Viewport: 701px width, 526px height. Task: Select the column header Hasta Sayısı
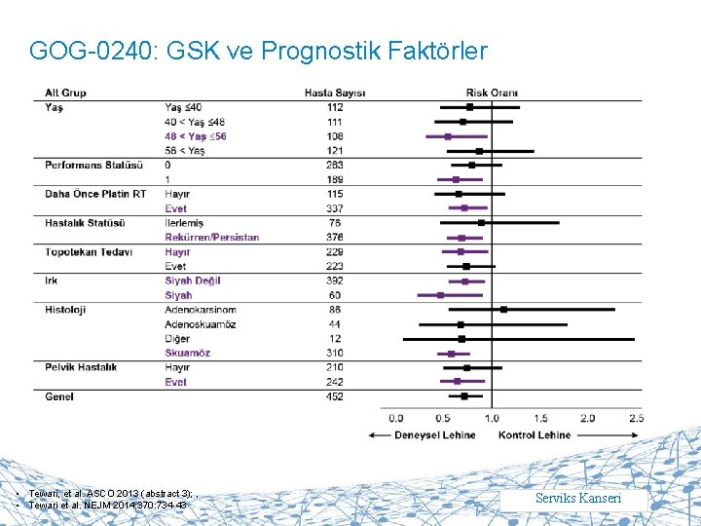[x=335, y=93]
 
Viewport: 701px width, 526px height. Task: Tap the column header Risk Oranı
[x=492, y=93]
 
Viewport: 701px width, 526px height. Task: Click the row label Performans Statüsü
[x=93, y=165]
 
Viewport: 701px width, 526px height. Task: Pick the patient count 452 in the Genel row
[x=335, y=396]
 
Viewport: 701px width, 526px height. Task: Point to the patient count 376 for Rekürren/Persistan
[x=335, y=237]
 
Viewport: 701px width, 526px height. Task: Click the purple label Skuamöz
[x=188, y=353]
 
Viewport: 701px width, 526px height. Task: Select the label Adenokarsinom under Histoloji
[x=200, y=310]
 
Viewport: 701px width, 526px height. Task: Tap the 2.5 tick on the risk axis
[x=636, y=418]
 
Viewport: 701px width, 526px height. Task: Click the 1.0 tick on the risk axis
[x=492, y=418]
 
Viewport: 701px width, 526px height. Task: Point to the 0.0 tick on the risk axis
[x=396, y=418]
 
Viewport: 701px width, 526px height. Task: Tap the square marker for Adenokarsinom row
[x=504, y=310]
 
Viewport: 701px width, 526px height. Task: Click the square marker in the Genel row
[x=464, y=396]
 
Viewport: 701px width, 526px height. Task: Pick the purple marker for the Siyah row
[x=440, y=294]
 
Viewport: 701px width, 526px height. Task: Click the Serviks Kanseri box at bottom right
[x=592, y=499]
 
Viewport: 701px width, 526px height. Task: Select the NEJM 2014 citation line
[x=107, y=505]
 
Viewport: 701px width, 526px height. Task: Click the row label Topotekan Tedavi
[x=89, y=251]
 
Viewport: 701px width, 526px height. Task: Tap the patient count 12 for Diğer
[x=335, y=338]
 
